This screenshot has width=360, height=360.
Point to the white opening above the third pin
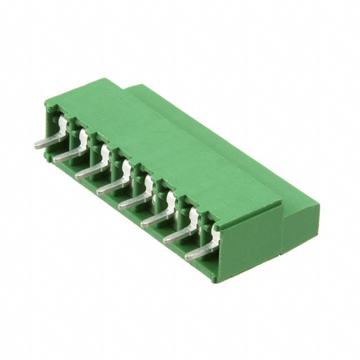(x=105, y=151)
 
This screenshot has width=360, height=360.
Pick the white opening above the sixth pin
(x=170, y=199)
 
